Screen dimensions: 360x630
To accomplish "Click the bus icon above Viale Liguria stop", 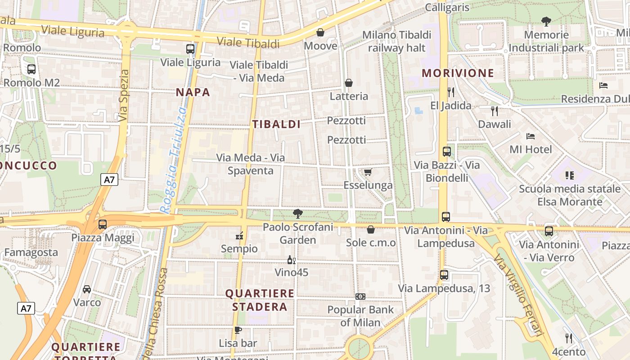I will click(x=190, y=49).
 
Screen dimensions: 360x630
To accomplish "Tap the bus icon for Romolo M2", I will click(x=31, y=69).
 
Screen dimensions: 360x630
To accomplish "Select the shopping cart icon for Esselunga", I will click(x=368, y=172).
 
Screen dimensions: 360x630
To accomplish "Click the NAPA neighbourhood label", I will click(x=193, y=92).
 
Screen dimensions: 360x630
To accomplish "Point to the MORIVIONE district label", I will click(x=458, y=73).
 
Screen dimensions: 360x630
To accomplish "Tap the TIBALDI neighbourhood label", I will click(x=276, y=124).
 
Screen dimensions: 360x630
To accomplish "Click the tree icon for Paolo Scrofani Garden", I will click(x=297, y=214).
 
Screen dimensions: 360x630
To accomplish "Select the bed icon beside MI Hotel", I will click(x=531, y=136).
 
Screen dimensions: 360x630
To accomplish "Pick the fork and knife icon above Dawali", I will click(x=495, y=111).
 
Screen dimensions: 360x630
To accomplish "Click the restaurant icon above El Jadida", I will click(x=451, y=92).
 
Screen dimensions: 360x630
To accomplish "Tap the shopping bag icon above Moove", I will click(x=320, y=32).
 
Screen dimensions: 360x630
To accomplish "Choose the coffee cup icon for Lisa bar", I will click(x=238, y=330).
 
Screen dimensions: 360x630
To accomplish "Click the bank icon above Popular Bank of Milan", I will click(x=360, y=297).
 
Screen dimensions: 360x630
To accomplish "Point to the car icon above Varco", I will click(x=87, y=289).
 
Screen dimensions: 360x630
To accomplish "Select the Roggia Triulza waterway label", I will click(x=173, y=160).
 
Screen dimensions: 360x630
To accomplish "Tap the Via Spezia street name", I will click(x=125, y=95).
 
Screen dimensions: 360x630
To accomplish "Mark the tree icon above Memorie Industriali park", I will click(x=546, y=21).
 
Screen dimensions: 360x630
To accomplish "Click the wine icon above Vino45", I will click(x=292, y=260).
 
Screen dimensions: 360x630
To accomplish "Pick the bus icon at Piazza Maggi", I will click(x=103, y=224).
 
